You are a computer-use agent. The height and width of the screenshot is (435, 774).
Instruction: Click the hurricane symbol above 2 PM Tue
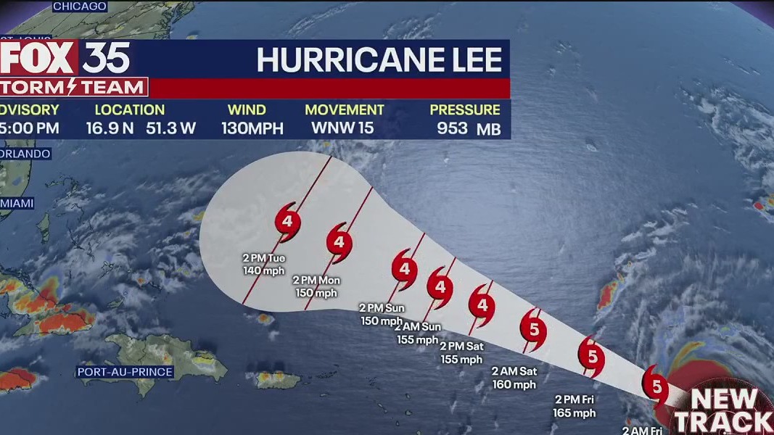288,220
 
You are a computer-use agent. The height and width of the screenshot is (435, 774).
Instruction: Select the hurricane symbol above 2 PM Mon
339,241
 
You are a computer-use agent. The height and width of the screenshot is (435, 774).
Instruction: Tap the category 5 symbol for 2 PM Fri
592,357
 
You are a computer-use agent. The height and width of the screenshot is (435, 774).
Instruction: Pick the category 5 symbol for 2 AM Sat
533,331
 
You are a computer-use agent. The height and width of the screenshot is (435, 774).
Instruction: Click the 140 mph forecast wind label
260,271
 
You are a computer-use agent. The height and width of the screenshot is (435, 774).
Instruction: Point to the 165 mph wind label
575,413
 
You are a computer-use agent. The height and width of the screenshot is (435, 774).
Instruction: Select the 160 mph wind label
514,384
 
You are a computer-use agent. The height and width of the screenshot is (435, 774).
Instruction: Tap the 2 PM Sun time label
382,308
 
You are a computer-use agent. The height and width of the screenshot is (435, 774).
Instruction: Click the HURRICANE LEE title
379,61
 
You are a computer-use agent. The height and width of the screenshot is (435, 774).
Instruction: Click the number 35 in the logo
106,58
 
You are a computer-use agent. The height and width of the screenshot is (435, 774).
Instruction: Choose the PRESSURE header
465,110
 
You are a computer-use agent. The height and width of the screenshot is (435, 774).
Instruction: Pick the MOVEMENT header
345,110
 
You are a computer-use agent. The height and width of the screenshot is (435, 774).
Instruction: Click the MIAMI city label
17,204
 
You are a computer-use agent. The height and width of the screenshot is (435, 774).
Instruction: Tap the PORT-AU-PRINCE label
125,372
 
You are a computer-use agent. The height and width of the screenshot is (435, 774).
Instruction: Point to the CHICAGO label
80,7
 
